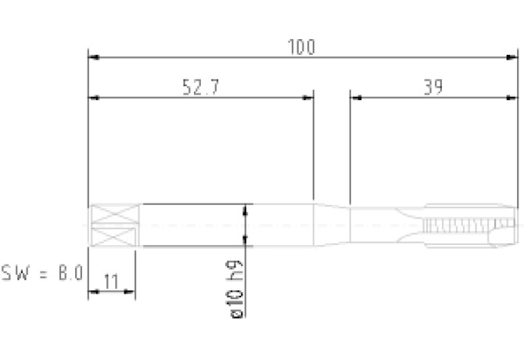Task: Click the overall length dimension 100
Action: click(301, 47)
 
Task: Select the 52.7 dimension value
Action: click(201, 87)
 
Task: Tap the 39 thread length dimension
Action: click(433, 87)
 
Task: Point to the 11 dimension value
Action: click(111, 282)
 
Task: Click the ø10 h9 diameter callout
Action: click(235, 289)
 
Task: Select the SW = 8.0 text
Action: click(42, 273)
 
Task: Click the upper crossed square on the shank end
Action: click(115, 214)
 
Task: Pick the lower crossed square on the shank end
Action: click(113, 236)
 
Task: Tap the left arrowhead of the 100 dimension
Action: click(94, 57)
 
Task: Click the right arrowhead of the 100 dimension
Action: click(512, 57)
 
